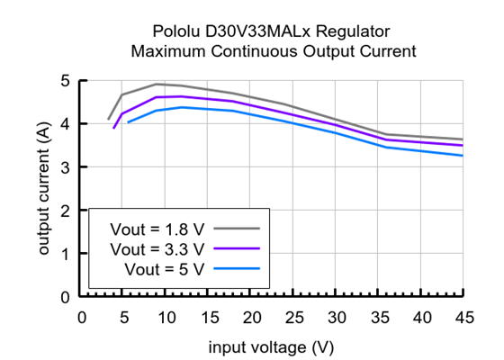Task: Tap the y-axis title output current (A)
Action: pos(43,188)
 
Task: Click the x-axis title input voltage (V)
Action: pos(273,346)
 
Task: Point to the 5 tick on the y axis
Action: pos(64,81)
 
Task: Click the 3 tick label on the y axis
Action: pos(64,167)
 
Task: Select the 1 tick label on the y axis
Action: pos(64,254)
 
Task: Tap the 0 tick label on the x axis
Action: pos(82,316)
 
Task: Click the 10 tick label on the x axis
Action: pos(166,316)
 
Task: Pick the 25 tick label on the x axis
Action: pos(293,316)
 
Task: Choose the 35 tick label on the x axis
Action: pos(378,316)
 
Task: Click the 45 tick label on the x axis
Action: pos(463,316)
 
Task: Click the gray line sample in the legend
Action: pos(237,228)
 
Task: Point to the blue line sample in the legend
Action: pos(237,268)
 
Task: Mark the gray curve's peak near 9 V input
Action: pos(157,84)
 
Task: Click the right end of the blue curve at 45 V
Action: pos(463,155)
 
